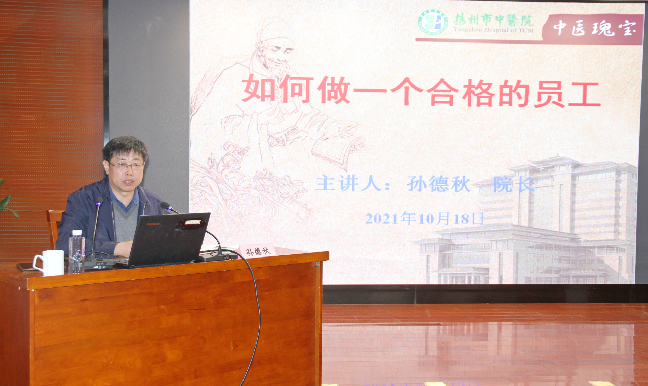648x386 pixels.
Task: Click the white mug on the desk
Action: coord(50,263)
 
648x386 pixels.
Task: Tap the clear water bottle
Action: coord(76,251)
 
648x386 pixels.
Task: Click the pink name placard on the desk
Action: coord(257,250)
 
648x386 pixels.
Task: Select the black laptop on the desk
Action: coord(165,240)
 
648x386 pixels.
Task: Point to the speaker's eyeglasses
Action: coord(127,166)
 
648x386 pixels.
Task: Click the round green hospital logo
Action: coord(433,22)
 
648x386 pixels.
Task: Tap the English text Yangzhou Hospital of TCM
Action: coord(493,30)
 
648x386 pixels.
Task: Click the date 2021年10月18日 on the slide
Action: coord(424,219)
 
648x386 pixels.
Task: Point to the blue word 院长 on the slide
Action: coord(513,184)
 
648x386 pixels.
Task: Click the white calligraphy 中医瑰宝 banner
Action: coord(595,28)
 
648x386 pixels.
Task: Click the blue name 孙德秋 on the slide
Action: coord(438,184)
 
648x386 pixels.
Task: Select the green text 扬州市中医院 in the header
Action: coord(493,20)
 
